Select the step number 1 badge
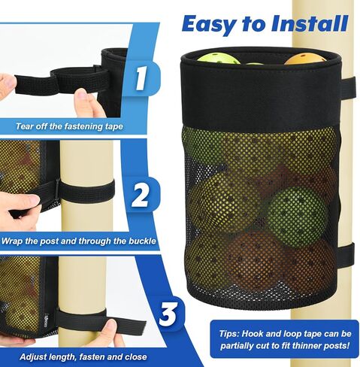click(x=141, y=78)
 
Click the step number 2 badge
click(x=141, y=196)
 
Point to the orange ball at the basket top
click(x=304, y=59)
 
